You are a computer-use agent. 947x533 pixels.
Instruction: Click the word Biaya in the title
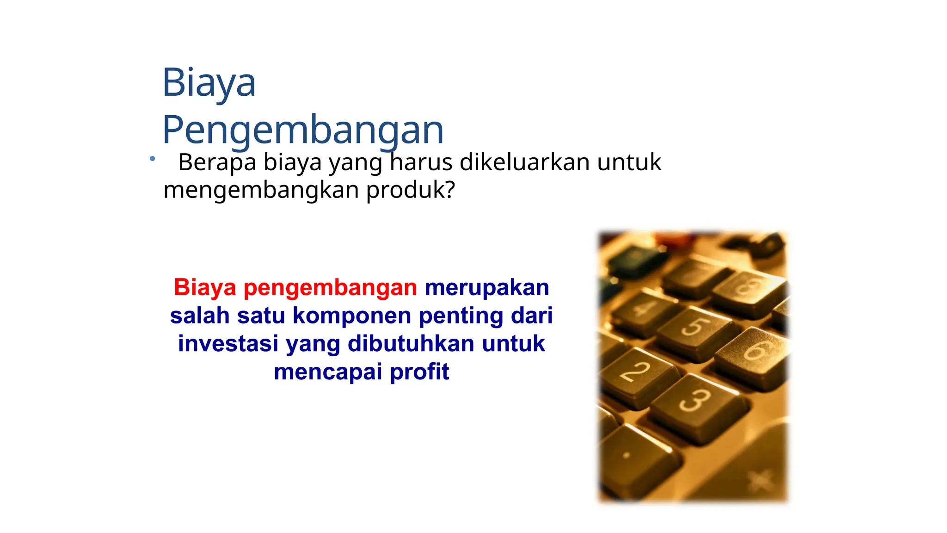209,83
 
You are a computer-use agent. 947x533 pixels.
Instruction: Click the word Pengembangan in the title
303,130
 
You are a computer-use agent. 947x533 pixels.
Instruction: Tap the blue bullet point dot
152,159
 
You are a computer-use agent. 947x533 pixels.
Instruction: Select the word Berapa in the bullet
217,162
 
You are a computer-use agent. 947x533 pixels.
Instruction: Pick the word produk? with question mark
411,190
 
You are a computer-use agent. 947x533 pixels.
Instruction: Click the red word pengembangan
330,287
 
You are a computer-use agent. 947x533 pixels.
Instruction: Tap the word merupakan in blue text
487,287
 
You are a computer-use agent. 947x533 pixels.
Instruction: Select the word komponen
352,316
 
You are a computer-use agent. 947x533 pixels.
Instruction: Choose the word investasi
228,344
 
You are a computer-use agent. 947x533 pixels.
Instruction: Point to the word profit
419,372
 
